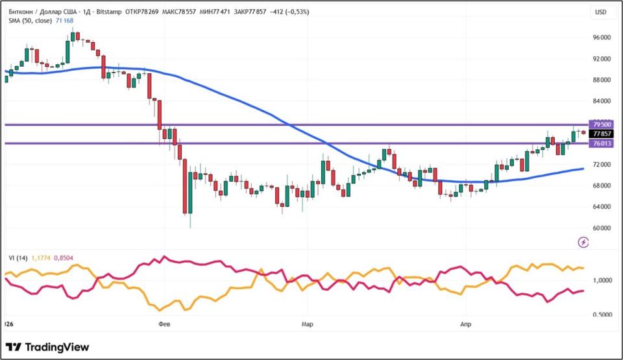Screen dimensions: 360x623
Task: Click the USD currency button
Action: (600, 12)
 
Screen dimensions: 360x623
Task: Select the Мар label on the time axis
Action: (307, 322)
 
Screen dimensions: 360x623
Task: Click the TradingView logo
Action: (47, 347)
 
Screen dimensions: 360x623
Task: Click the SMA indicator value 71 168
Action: (64, 21)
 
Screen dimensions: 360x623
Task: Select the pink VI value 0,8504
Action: (64, 258)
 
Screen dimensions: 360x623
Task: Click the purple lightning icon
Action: (583, 242)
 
